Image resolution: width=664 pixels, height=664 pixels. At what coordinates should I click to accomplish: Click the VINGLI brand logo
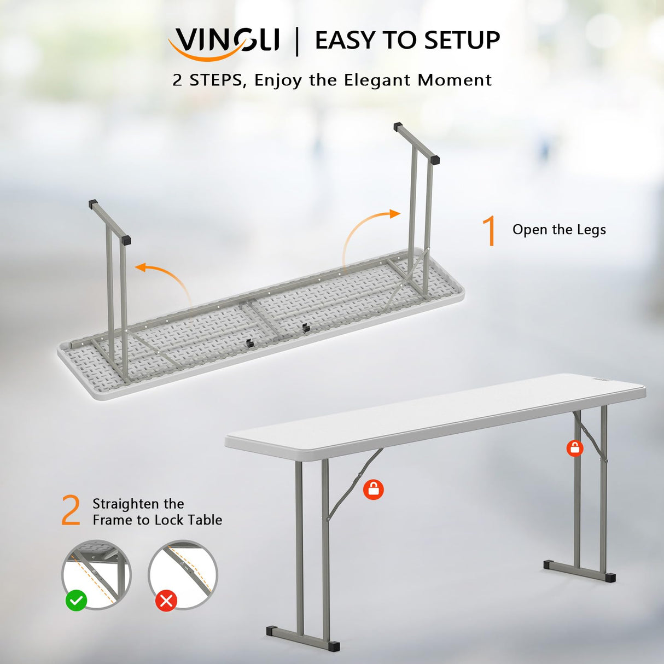(224, 41)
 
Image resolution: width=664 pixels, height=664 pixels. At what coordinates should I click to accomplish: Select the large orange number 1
(490, 230)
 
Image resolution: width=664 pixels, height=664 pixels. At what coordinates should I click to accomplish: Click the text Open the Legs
(559, 230)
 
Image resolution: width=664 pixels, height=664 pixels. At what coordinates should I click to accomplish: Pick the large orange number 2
(71, 511)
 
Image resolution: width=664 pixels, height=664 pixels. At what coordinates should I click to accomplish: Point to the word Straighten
(127, 504)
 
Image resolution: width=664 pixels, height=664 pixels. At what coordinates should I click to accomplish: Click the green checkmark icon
(76, 601)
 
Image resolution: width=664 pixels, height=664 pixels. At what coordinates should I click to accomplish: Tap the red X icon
(166, 601)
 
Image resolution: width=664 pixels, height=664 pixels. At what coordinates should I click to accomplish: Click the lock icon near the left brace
(374, 489)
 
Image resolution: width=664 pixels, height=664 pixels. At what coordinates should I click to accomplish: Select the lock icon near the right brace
(574, 448)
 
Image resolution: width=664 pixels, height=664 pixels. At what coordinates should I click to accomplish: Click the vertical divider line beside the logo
(297, 41)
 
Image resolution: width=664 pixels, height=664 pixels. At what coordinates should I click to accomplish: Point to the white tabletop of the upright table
(438, 410)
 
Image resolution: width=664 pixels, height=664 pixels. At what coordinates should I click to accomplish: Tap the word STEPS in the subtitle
(215, 80)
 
